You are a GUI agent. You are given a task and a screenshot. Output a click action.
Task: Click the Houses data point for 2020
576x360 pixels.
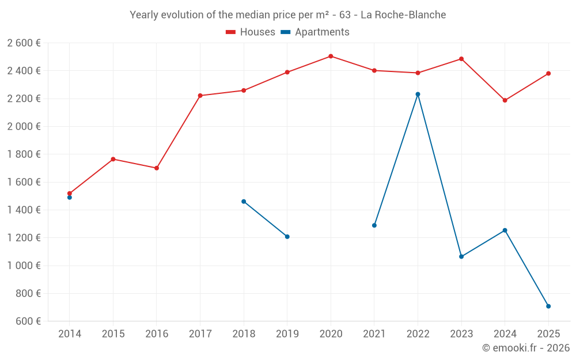pyautogui.click(x=331, y=56)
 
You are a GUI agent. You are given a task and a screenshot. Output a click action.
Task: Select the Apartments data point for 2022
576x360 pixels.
pyautogui.click(x=418, y=94)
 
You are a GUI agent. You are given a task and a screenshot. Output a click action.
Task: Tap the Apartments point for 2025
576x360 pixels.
pyautogui.click(x=548, y=306)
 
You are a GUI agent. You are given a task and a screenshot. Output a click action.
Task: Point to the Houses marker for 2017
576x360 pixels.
pyautogui.click(x=200, y=96)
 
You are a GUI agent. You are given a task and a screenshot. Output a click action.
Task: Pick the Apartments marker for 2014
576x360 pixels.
pyautogui.click(x=70, y=198)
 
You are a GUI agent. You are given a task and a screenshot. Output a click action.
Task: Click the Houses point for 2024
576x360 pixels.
pyautogui.click(x=505, y=100)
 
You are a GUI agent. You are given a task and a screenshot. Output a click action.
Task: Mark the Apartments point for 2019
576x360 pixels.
pyautogui.click(x=287, y=237)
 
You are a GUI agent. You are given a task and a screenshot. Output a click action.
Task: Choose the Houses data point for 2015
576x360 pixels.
pyautogui.click(x=113, y=159)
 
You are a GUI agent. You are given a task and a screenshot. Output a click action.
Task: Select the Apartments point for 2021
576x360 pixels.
pyautogui.click(x=374, y=225)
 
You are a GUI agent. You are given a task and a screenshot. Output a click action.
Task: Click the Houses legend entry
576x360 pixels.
pyautogui.click(x=251, y=32)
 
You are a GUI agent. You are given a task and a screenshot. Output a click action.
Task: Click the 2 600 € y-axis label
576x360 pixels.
pyautogui.click(x=24, y=43)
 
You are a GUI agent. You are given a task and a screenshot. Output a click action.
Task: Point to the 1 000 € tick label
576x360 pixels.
pyautogui.click(x=24, y=266)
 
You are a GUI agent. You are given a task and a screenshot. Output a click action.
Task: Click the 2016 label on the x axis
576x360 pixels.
pyautogui.click(x=157, y=334)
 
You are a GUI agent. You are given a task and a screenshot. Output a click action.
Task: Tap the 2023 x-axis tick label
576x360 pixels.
pyautogui.click(x=461, y=334)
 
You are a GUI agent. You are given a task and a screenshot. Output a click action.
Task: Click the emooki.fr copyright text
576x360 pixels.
pyautogui.click(x=526, y=348)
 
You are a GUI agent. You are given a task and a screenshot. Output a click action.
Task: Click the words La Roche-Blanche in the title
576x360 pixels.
pyautogui.click(x=403, y=15)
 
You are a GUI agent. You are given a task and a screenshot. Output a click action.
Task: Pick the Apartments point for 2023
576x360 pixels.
pyautogui.click(x=461, y=256)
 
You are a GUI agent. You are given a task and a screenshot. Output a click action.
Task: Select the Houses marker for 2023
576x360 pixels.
pyautogui.click(x=461, y=59)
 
